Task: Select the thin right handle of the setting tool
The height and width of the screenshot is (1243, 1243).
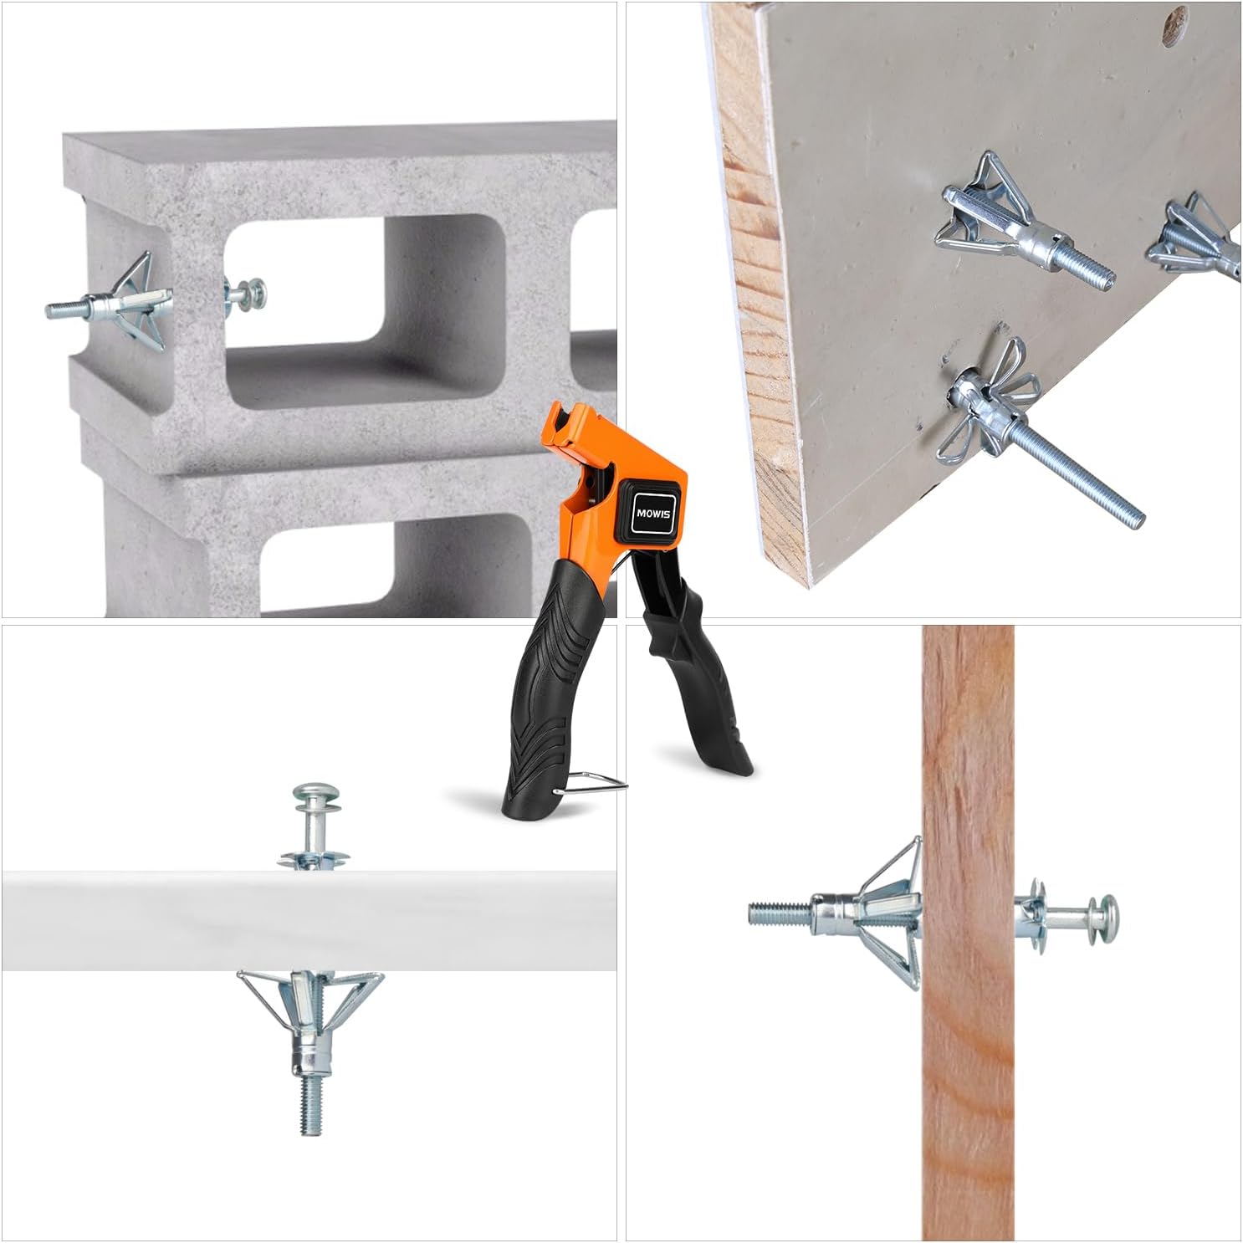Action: tap(693, 660)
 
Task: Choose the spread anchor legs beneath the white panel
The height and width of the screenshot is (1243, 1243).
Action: tap(310, 995)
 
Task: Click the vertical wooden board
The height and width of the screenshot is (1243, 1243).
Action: tap(969, 932)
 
